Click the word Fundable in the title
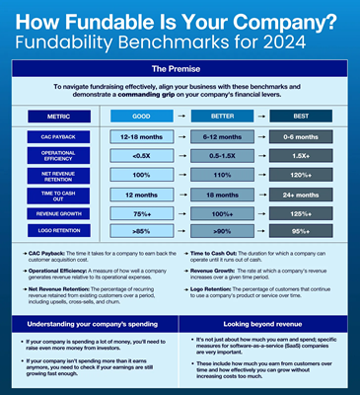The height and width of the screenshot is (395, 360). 128,19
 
